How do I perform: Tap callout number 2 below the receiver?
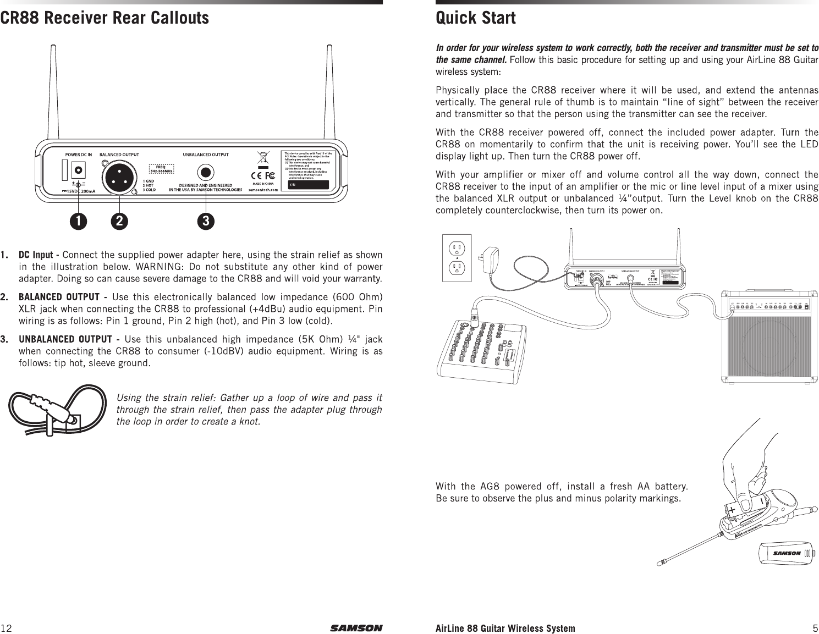[x=118, y=221]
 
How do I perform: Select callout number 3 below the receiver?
[x=206, y=221]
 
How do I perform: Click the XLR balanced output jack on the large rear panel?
[x=117, y=177]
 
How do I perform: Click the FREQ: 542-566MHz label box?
[x=162, y=169]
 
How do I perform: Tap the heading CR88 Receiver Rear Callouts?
[x=105, y=18]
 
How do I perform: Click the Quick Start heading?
[x=476, y=18]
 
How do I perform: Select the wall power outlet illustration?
[x=457, y=258]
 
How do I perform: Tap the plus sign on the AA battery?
[x=733, y=510]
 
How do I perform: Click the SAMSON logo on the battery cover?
[x=788, y=553]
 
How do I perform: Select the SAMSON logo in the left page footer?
[x=356, y=628]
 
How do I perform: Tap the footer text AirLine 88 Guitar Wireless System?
[x=505, y=628]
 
